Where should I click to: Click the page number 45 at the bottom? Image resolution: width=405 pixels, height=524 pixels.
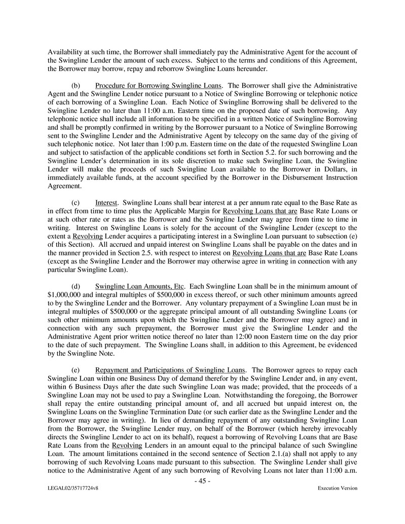coord(202,481)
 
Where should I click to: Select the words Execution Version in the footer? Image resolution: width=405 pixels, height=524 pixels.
coord(337,489)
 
